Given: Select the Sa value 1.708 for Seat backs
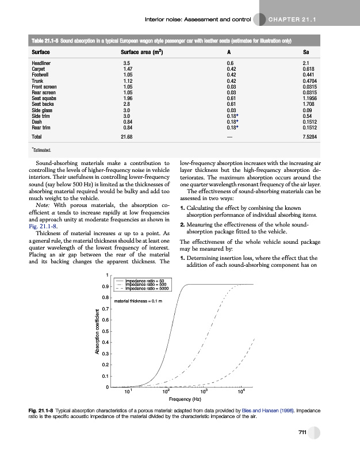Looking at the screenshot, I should (x=310, y=103).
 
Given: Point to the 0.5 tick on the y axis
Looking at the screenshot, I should (x=105, y=331).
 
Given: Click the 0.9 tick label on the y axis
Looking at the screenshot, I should (x=105, y=286).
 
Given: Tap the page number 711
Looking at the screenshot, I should (x=301, y=432).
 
